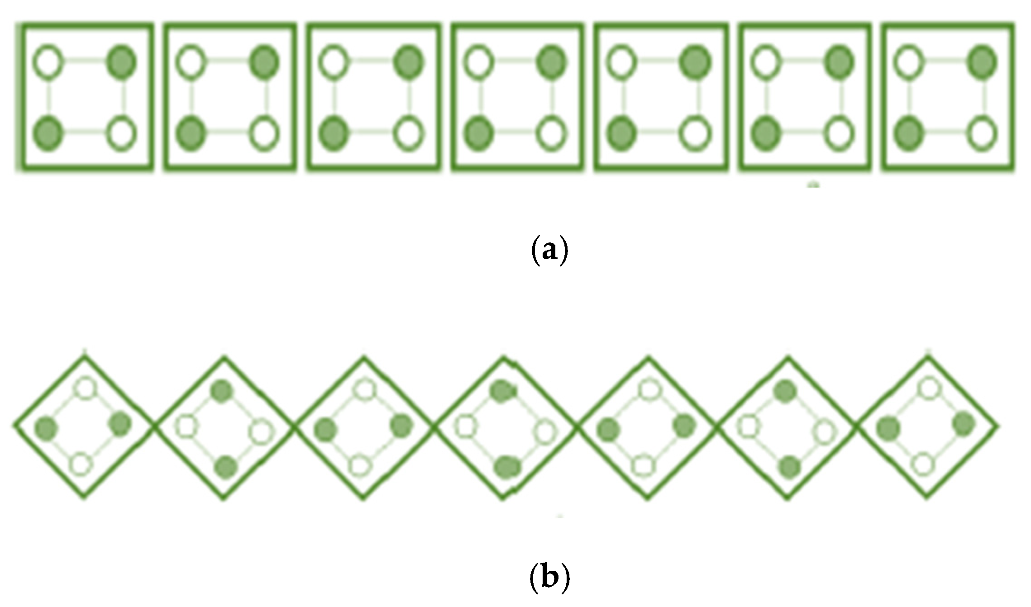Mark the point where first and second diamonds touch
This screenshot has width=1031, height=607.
point(155,426)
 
